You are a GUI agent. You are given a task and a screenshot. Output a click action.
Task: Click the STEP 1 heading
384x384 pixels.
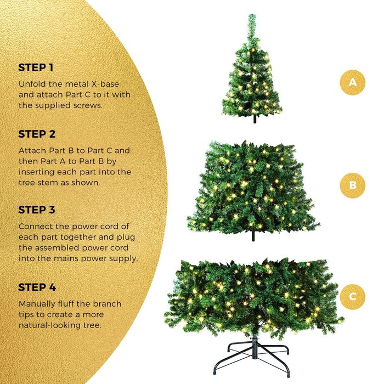[x=36, y=67]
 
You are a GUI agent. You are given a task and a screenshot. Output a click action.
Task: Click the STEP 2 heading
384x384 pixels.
[x=37, y=134]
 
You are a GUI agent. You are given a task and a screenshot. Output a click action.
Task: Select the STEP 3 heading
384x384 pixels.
[x=37, y=210]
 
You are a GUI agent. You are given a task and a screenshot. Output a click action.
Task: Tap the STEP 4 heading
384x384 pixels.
[x=37, y=287]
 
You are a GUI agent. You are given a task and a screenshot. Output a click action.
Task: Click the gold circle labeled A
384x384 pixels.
[x=352, y=82]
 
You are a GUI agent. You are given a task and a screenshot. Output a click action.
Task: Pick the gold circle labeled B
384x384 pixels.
[x=352, y=185]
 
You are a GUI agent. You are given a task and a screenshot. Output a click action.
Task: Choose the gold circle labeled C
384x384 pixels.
[x=352, y=297]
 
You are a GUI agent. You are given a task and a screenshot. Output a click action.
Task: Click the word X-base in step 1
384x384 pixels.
[x=105, y=84]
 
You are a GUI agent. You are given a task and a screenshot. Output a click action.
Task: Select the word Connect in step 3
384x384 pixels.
[x=36, y=226]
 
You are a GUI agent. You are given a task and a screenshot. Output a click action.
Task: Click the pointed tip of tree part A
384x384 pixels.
[x=252, y=15]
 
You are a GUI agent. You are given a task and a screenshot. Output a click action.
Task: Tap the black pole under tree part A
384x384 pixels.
[x=255, y=119]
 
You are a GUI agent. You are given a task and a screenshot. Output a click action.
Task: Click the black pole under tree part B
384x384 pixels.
[x=253, y=236]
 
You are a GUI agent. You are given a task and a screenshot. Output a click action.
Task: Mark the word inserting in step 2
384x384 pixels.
[x=37, y=172]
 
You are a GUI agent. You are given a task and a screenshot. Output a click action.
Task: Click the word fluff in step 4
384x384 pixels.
[x=66, y=304]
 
